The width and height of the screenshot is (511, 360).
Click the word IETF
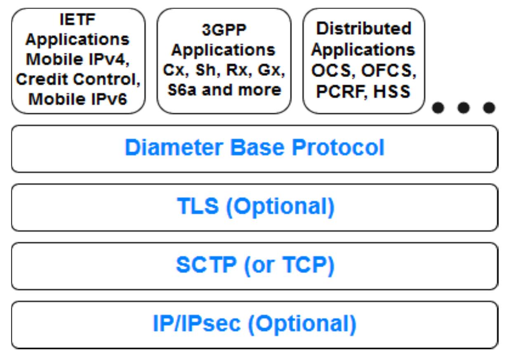tap(78, 20)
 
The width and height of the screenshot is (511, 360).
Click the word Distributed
tap(363, 28)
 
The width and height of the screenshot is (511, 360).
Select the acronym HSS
tap(391, 92)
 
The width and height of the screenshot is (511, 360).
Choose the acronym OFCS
tap(389, 71)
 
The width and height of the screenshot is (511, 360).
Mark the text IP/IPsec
tap(196, 324)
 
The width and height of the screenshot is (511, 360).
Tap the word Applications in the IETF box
tap(78, 40)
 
